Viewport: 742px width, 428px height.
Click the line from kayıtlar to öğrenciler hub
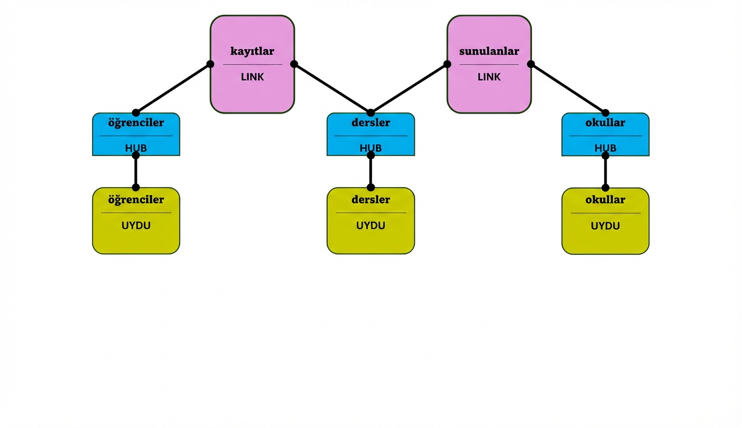(173, 88)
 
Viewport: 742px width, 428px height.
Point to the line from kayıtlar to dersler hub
(332, 88)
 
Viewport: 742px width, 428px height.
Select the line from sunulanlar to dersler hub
(409, 88)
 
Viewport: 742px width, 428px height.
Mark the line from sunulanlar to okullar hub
(568, 88)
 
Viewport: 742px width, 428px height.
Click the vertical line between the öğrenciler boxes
(136, 171)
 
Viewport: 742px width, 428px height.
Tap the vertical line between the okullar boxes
(605, 171)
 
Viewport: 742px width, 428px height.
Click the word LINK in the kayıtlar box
(252, 77)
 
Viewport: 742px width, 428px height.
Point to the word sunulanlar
(489, 51)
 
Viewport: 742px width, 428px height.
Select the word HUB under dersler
(370, 148)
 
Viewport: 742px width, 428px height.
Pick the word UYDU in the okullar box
(605, 225)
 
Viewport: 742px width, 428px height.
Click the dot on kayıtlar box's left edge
(210, 64)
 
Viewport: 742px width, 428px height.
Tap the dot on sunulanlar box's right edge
(531, 64)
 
